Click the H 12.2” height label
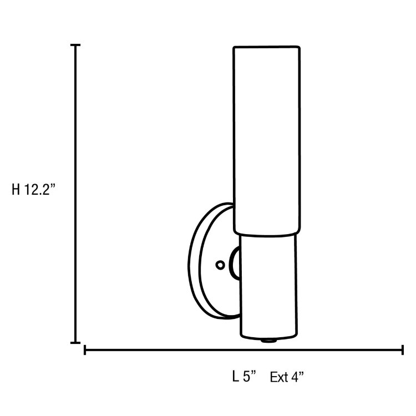coord(34,190)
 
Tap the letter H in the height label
coord(17,190)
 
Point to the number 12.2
coord(38,190)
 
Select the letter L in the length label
coord(236,377)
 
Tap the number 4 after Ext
coord(297,378)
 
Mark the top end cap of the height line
coord(76,45)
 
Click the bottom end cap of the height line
coord(76,342)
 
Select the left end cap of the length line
coord(85,350)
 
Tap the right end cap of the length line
coord(402,350)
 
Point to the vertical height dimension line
coord(76,194)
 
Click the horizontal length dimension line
coord(244,350)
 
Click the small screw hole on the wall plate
coord(220,265)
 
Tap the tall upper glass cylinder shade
coord(266,139)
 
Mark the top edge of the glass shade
coord(266,47)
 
